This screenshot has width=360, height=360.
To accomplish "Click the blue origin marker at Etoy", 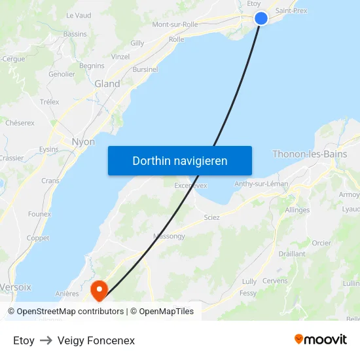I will click(261, 18).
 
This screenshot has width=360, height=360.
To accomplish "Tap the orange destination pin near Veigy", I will click(99, 289).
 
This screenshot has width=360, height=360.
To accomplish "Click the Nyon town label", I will click(82, 142).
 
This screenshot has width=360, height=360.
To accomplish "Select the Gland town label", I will click(107, 84).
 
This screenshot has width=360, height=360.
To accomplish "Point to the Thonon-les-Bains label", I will click(310, 154).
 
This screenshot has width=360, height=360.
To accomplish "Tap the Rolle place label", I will click(176, 40).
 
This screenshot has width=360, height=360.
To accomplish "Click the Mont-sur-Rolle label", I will click(175, 25).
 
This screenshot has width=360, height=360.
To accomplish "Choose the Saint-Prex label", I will click(292, 11).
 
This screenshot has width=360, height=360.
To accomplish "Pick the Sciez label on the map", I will click(211, 217).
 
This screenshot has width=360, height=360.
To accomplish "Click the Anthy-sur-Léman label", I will click(261, 184).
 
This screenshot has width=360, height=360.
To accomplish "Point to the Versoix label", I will click(15, 287).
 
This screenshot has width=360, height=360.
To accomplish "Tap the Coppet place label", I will click(38, 238).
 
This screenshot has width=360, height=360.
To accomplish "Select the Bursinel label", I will click(145, 69).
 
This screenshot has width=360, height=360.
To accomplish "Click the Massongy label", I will click(169, 236).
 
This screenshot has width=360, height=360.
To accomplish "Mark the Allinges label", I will click(298, 210).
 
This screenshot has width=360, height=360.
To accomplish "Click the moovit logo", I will click(321, 340).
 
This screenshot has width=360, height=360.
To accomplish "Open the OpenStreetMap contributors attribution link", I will click(69, 312).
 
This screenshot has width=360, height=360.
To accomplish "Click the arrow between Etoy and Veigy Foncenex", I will click(46, 340).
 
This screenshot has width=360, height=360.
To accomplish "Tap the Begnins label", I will click(92, 66).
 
